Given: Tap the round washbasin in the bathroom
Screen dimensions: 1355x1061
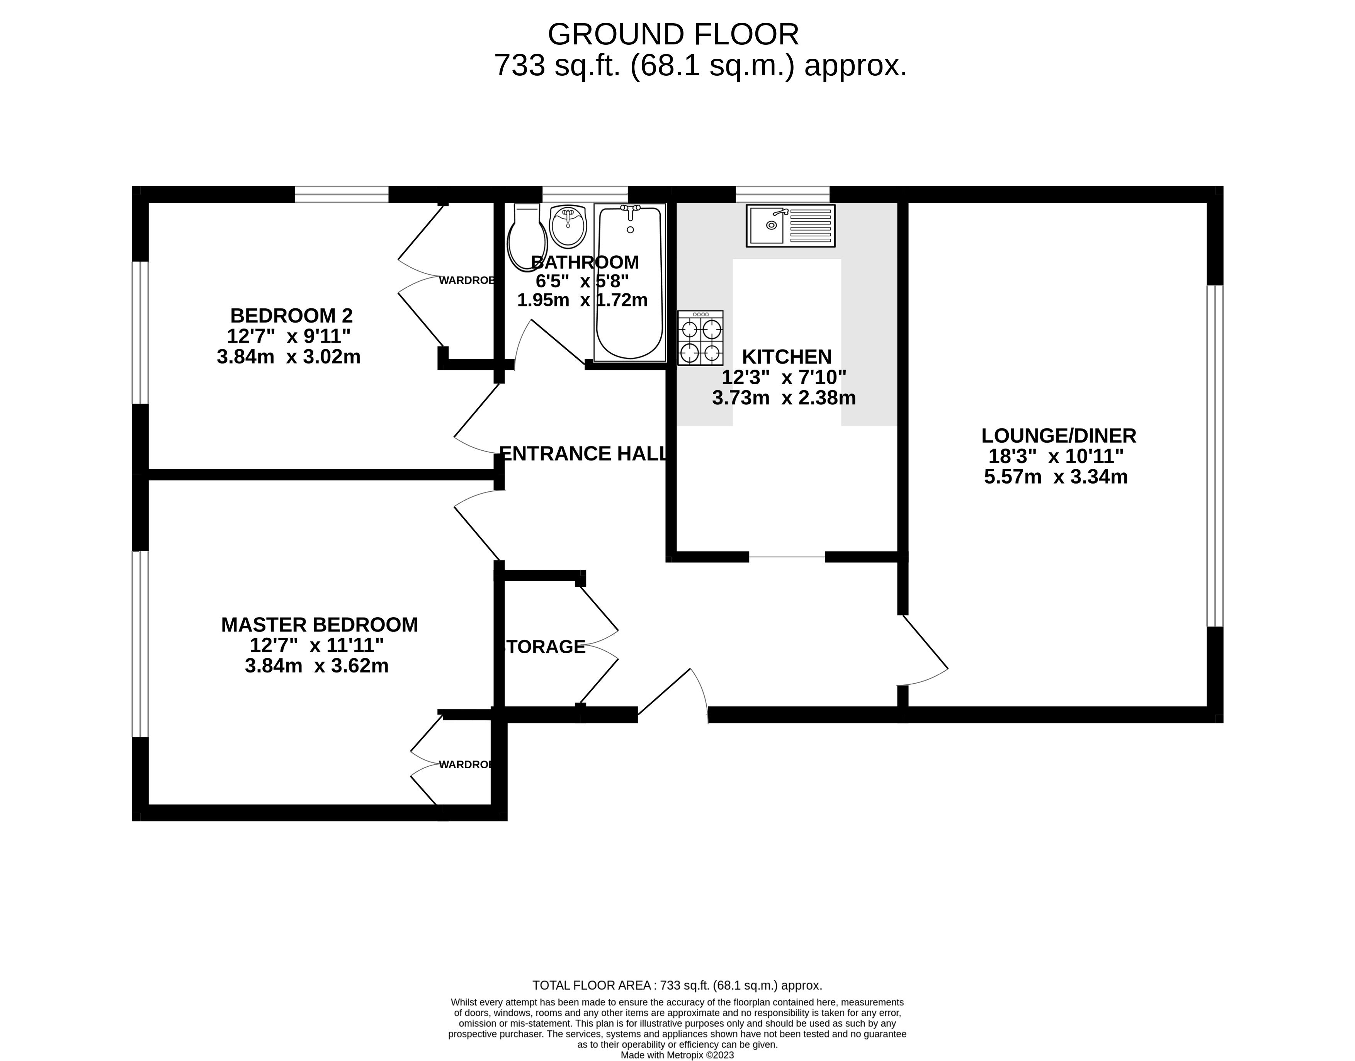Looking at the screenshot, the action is (x=568, y=227).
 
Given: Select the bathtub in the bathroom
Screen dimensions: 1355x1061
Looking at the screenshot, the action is (x=629, y=283).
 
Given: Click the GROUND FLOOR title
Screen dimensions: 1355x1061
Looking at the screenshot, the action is (x=673, y=35).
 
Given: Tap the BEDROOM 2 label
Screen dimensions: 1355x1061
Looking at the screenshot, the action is (x=291, y=316).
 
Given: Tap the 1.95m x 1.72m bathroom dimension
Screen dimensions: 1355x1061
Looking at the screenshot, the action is (x=583, y=300).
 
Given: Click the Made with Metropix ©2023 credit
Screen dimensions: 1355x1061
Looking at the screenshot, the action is (x=677, y=1055).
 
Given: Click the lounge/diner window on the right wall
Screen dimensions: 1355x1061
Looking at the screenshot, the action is (x=1215, y=455).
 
